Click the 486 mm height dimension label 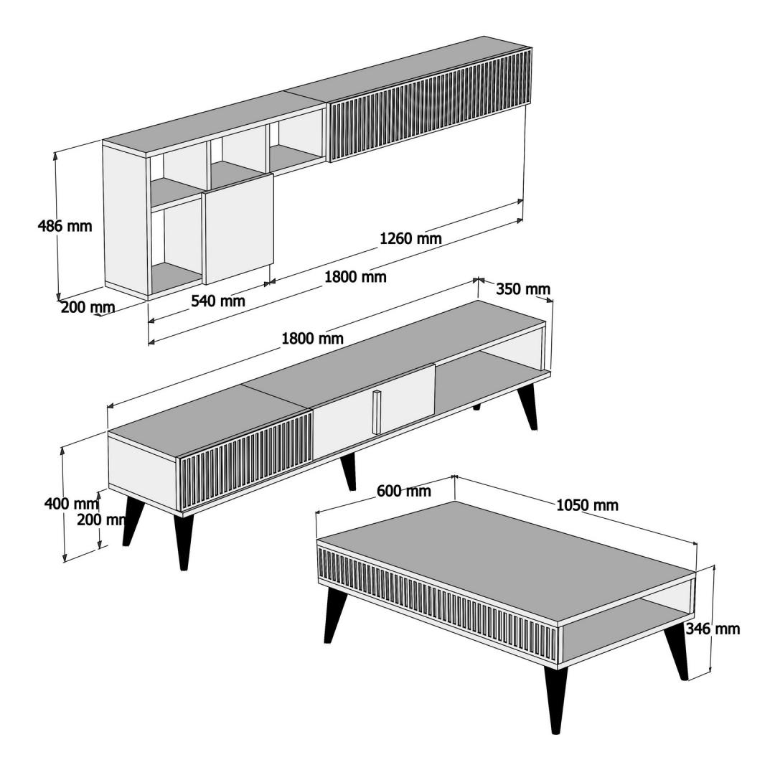[65, 226]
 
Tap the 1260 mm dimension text [410, 238]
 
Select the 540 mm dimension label [218, 300]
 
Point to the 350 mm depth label [523, 288]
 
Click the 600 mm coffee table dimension [404, 491]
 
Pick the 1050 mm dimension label [587, 505]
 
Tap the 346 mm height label [713, 629]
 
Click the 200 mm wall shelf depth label [88, 307]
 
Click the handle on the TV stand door [377, 412]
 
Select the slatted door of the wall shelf [430, 105]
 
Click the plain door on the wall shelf [238, 229]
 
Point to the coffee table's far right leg [675, 652]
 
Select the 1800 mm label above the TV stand [312, 339]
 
